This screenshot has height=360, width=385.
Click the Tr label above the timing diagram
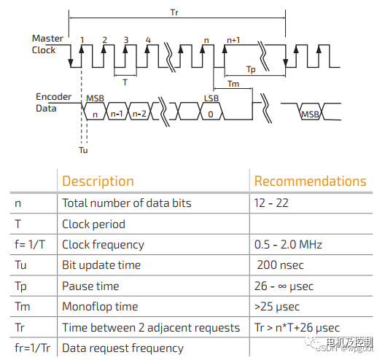pyautogui.click(x=174, y=12)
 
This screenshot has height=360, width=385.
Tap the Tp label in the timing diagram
pyautogui.click(x=251, y=69)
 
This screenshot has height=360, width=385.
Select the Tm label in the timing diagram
pyautogui.click(x=233, y=84)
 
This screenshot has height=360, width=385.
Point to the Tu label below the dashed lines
pyautogui.click(x=83, y=150)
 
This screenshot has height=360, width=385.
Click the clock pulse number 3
pyautogui.click(x=126, y=40)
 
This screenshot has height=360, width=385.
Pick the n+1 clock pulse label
pyautogui.click(x=233, y=40)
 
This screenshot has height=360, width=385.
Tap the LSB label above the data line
pyautogui.click(x=211, y=98)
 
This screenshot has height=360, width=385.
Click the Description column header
pyautogui.click(x=98, y=181)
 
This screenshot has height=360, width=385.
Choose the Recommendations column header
pyautogui.click(x=310, y=181)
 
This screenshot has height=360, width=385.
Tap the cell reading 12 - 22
pyautogui.click(x=271, y=203)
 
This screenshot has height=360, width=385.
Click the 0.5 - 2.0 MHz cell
pyautogui.click(x=288, y=244)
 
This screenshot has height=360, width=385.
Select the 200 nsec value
pyautogui.click(x=280, y=265)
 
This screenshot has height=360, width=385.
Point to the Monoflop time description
pyautogui.click(x=100, y=307)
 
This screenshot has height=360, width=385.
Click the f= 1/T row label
pyautogui.click(x=30, y=244)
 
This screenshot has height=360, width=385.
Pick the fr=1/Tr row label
pyautogui.click(x=32, y=348)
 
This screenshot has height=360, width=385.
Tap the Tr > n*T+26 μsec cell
pyautogui.click(x=297, y=328)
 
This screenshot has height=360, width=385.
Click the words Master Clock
pyautogui.click(x=47, y=44)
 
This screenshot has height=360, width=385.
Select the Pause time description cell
pyautogui.click(x=90, y=286)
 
